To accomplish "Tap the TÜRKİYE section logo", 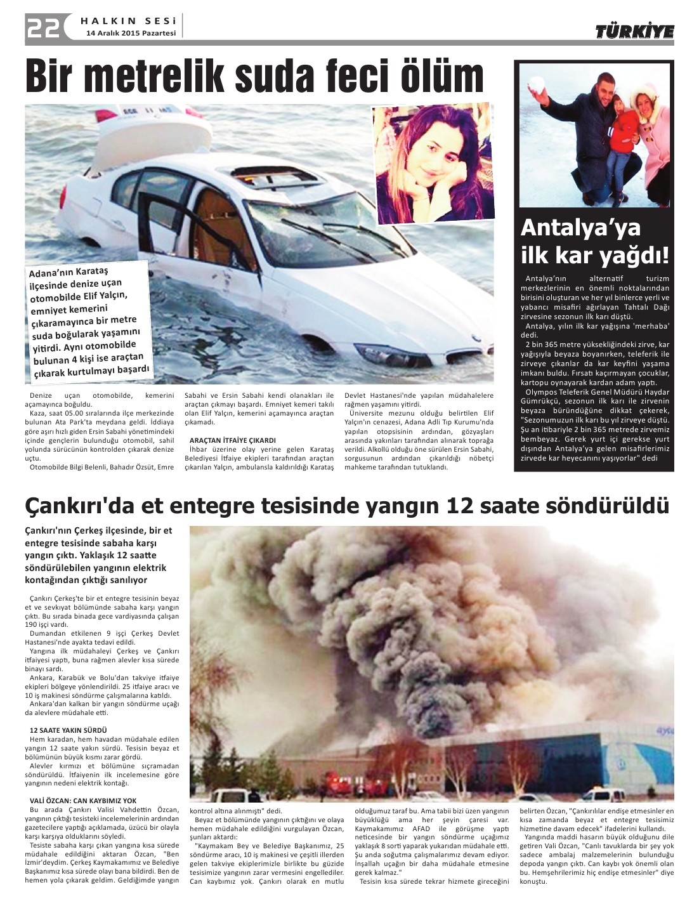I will (x=634, y=32).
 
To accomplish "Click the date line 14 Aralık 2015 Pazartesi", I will (x=131, y=34).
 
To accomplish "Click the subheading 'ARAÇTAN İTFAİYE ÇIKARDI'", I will (x=232, y=440).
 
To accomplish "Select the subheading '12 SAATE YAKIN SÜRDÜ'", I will (x=69, y=730).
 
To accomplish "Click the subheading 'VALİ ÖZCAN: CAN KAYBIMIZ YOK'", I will (x=83, y=801).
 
